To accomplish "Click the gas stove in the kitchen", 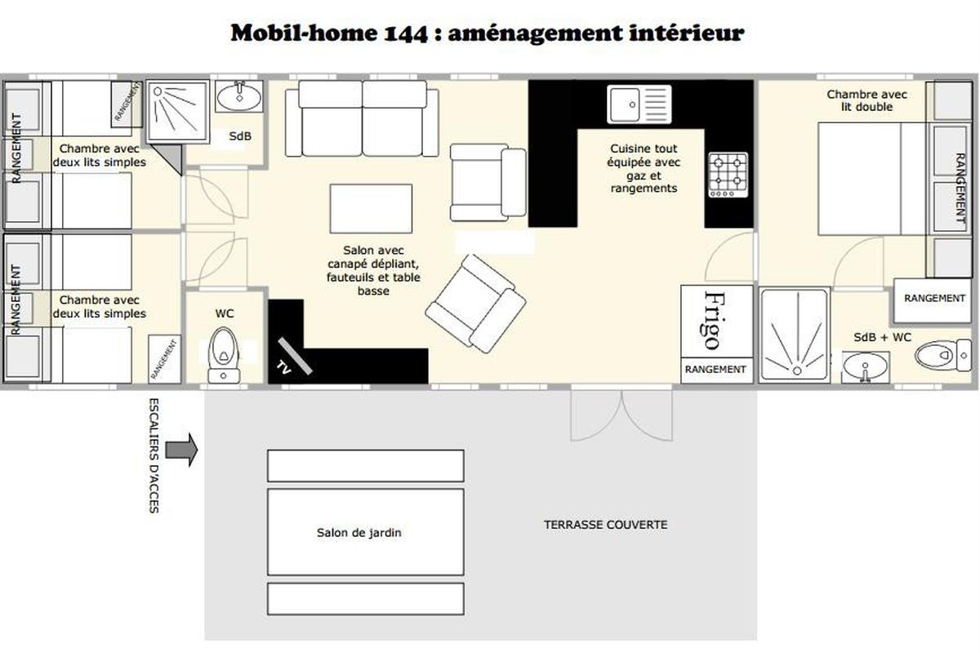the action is (728, 175).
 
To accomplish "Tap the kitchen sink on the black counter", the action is (639, 104).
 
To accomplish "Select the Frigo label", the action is (715, 321).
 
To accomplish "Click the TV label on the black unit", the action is (283, 368).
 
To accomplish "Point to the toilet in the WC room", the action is (224, 356).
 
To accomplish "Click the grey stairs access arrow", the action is (181, 450).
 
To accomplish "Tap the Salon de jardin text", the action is (359, 532).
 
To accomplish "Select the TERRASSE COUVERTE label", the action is (605, 524).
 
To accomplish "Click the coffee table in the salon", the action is (371, 209).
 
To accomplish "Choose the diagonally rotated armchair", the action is (475, 304).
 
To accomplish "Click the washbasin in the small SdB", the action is (239, 96).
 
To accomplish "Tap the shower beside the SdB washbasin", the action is (178, 112).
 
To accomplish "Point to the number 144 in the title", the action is (406, 33).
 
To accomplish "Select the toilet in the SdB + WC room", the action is (942, 355).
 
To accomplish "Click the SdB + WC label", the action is (883, 337).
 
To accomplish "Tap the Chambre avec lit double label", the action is (866, 100).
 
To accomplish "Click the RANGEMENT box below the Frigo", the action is (716, 370).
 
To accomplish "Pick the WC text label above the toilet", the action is (225, 313).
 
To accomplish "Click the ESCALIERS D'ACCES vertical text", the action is (154, 455).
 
